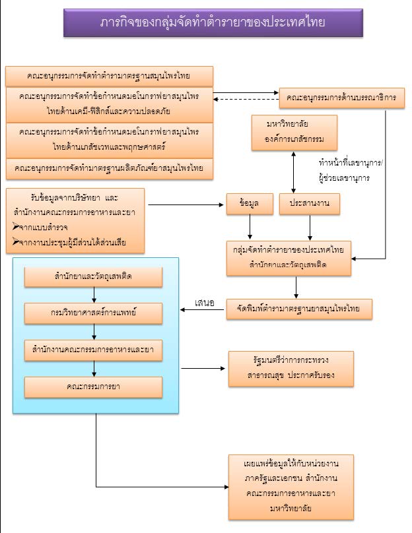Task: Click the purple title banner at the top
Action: coord(213,23)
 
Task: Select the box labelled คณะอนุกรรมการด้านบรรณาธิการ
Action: coord(341,98)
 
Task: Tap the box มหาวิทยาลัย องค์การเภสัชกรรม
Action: coord(294,132)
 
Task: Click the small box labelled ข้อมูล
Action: coord(240,205)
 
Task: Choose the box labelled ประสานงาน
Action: coord(309,205)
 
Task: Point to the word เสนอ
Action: coord(205,303)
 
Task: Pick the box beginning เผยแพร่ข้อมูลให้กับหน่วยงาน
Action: coord(291,485)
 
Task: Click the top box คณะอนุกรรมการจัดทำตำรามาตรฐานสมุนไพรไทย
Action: coord(109,76)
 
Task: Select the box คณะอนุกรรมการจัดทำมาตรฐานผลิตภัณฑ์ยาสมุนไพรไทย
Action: coord(109,168)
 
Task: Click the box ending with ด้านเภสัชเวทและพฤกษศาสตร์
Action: coord(109,139)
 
